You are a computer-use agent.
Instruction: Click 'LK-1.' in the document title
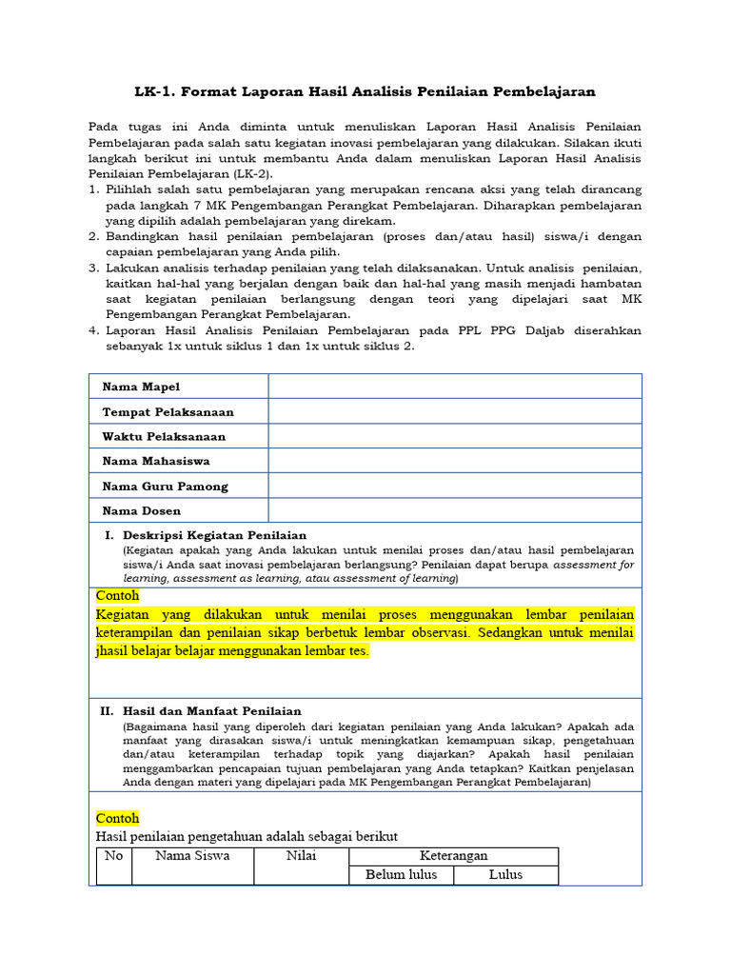[156, 91]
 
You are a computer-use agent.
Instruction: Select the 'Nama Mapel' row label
[141, 387]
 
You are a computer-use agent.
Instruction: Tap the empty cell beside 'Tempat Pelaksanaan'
[454, 411]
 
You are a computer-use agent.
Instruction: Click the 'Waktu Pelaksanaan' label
[164, 436]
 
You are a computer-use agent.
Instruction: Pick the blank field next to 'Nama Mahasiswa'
[454, 461]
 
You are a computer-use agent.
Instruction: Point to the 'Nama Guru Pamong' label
[165, 486]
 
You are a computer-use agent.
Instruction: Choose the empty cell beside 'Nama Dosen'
[454, 510]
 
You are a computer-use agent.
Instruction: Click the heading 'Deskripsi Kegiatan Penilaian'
[214, 535]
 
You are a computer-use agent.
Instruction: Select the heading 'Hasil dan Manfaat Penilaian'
[211, 710]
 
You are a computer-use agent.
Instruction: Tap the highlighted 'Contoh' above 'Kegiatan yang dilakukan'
[118, 595]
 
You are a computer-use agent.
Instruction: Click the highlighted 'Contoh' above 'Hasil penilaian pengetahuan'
[118, 818]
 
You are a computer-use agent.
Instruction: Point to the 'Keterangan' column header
[453, 855]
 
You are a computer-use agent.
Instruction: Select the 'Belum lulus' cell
[401, 874]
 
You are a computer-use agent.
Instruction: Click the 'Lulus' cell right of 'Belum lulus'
[505, 874]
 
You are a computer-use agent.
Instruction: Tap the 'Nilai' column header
[301, 855]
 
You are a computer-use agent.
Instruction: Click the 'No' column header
[114, 855]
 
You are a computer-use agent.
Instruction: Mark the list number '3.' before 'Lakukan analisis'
[94, 269]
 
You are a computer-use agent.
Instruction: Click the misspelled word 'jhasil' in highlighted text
[113, 651]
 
